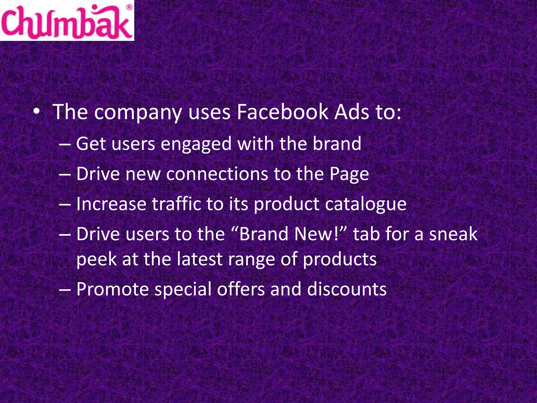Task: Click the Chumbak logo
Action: (67, 21)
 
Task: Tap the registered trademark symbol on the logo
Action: (129, 7)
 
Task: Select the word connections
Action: (217, 174)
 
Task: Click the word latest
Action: (200, 259)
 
